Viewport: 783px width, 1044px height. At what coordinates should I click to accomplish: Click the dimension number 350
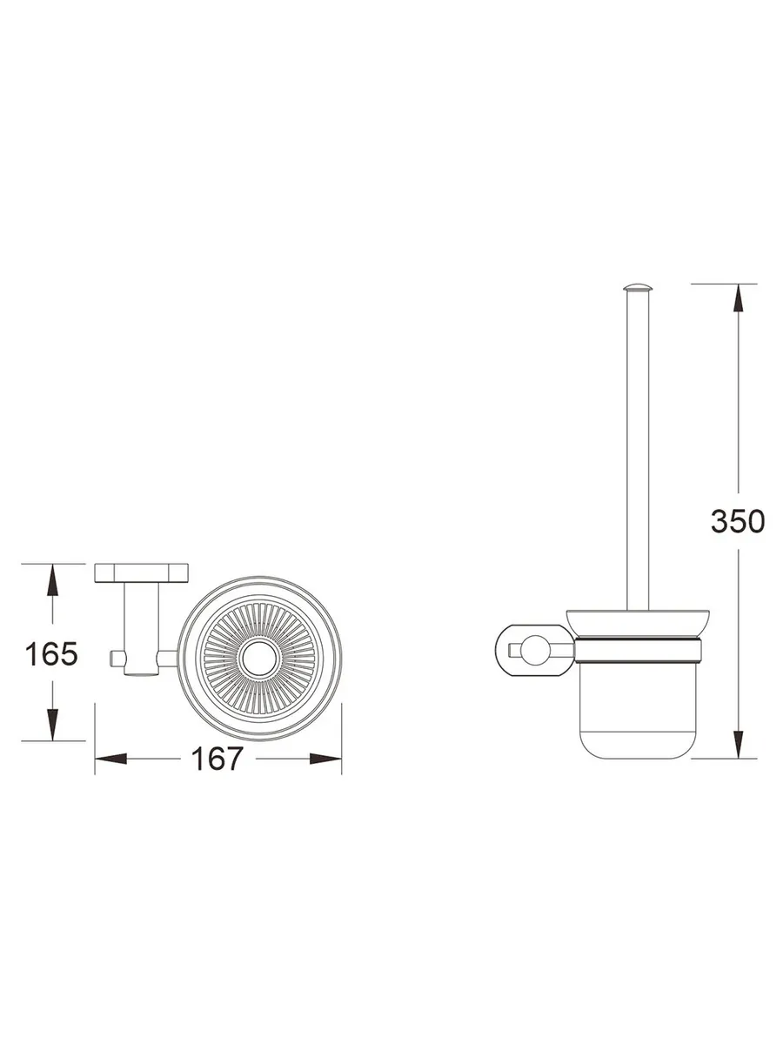[x=738, y=521]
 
